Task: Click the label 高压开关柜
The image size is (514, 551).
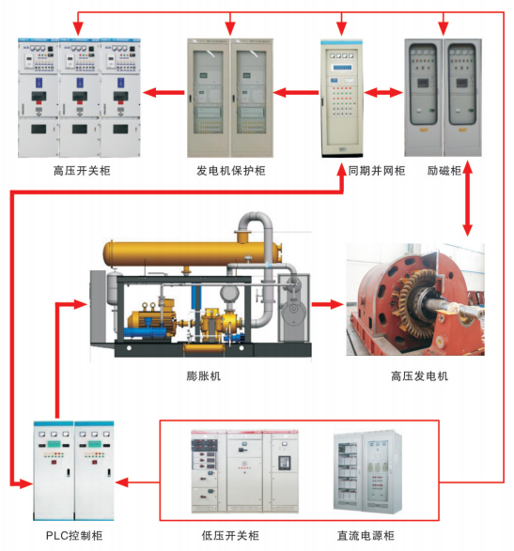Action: click(x=82, y=171)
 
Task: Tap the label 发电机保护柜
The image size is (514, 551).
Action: click(x=231, y=171)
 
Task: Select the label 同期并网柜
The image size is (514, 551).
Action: click(x=377, y=171)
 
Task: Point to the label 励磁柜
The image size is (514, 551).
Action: click(x=444, y=171)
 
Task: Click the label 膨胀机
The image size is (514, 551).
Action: click(x=203, y=376)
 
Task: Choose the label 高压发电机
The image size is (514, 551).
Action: click(x=419, y=376)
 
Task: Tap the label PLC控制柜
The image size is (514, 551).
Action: click(x=74, y=536)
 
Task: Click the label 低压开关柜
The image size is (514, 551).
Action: click(x=230, y=536)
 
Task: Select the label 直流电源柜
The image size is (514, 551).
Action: click(x=366, y=536)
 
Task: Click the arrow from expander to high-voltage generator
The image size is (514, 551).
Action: click(x=328, y=304)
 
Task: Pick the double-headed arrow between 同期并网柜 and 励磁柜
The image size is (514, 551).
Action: click(x=383, y=93)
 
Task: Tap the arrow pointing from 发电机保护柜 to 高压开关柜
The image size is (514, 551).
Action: click(x=164, y=93)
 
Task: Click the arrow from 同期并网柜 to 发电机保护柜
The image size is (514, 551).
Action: click(x=295, y=93)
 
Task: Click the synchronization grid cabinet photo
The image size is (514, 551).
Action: click(x=342, y=99)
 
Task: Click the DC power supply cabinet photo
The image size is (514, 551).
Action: click(x=367, y=471)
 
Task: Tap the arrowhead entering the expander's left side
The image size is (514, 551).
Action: click(x=80, y=304)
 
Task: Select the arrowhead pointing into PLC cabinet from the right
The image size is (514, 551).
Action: click(x=122, y=482)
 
